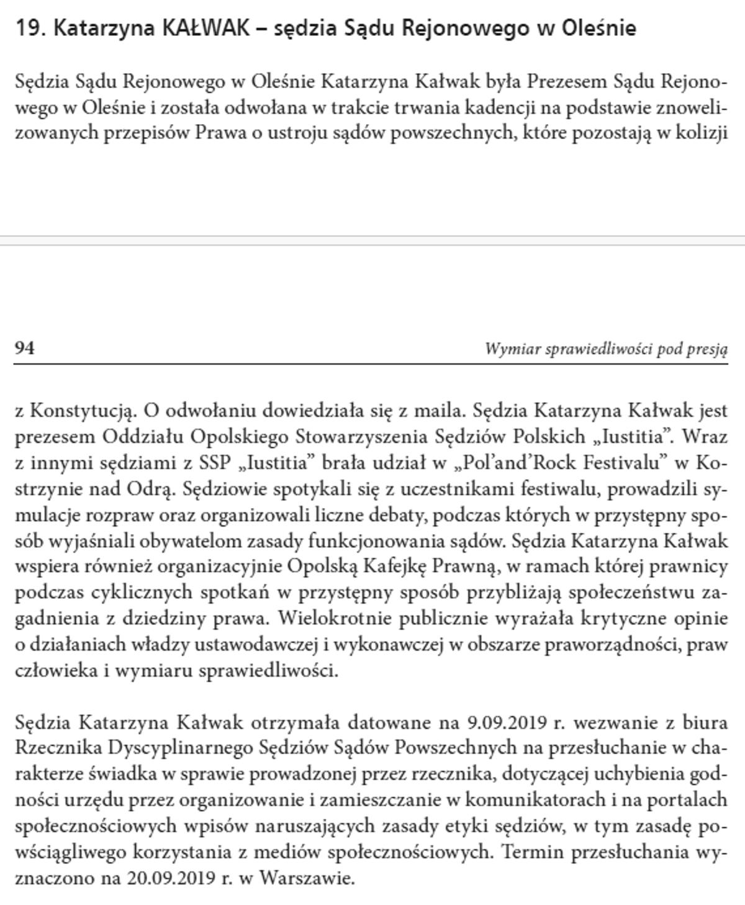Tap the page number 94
coord(24,348)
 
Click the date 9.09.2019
coord(505,723)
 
